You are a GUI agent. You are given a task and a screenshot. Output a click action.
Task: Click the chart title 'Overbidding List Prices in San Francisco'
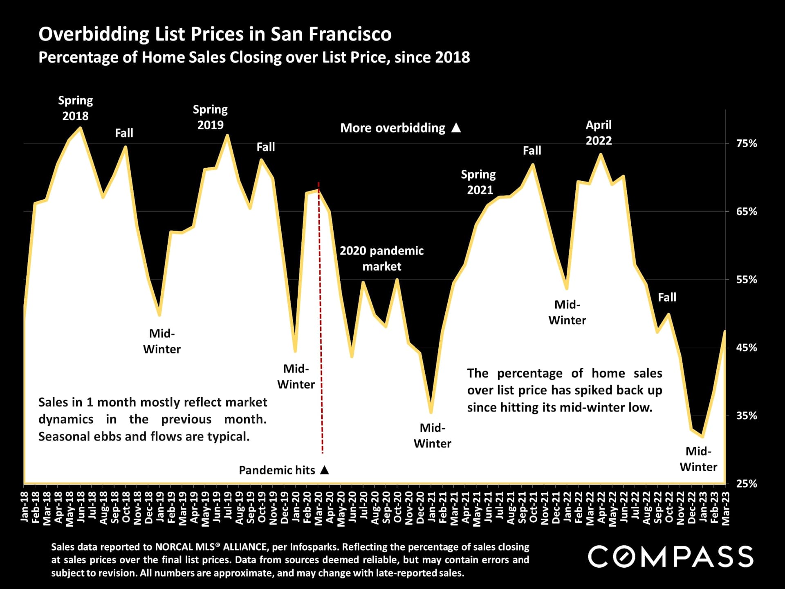pyautogui.click(x=215, y=34)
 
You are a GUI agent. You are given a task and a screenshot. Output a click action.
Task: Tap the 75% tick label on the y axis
pyautogui.click(x=747, y=144)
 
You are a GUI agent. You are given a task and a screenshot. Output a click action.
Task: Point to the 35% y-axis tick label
pyautogui.click(x=747, y=416)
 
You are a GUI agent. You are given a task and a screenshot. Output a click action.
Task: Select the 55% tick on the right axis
pyautogui.click(x=747, y=280)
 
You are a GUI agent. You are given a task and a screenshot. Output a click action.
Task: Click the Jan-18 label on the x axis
pyautogui.click(x=25, y=507)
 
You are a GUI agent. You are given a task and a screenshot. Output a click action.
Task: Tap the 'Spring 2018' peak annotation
pyautogui.click(x=75, y=108)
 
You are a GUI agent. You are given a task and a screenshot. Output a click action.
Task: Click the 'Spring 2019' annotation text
pyautogui.click(x=210, y=117)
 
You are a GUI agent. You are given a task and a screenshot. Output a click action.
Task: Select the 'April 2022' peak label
pyautogui.click(x=599, y=133)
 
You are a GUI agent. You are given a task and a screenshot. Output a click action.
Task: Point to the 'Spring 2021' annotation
pyautogui.click(x=479, y=182)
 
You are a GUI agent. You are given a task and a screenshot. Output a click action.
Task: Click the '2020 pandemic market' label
pyautogui.click(x=381, y=258)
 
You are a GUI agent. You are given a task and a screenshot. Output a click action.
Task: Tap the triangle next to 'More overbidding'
pyautogui.click(x=456, y=128)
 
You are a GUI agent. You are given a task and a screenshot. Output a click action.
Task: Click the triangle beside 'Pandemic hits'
pyautogui.click(x=325, y=470)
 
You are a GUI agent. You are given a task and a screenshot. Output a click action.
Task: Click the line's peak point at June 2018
pyautogui.click(x=81, y=128)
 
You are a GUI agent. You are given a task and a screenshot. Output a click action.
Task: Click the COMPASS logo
pyautogui.click(x=671, y=557)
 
